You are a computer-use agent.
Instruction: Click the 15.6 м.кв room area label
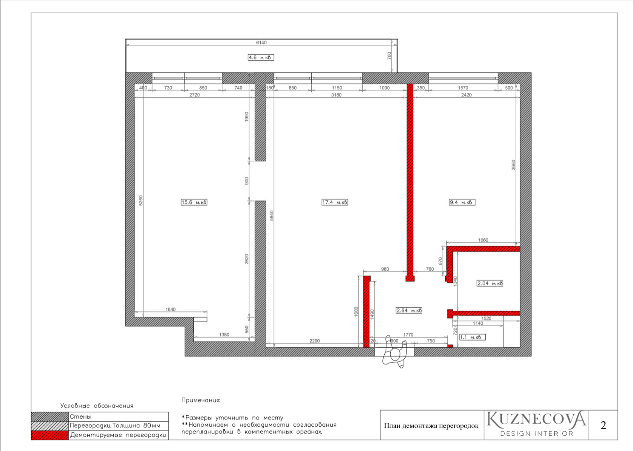[x=194, y=202]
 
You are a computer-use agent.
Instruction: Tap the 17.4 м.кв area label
[x=334, y=202]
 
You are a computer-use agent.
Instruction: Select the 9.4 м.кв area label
[x=462, y=202]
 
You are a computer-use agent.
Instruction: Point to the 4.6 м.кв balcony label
[x=261, y=58]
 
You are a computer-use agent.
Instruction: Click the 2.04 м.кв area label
[x=490, y=283]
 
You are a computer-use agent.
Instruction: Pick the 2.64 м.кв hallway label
[x=409, y=310]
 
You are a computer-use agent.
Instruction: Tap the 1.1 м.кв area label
[x=472, y=337]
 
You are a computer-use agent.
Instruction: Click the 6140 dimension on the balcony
[x=261, y=43]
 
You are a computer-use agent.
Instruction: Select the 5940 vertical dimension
[x=272, y=215]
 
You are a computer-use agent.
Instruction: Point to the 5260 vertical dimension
[x=141, y=200]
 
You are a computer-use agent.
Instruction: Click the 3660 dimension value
[x=513, y=165]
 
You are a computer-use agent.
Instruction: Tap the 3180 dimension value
[x=336, y=95]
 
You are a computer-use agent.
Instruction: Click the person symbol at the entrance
[x=395, y=352]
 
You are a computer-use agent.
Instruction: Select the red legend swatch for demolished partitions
[x=49, y=435]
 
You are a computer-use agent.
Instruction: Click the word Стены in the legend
[x=81, y=416]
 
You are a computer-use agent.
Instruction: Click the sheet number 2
[x=603, y=425]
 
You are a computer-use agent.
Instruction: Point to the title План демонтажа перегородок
[x=431, y=426]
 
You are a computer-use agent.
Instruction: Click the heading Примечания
[x=201, y=400]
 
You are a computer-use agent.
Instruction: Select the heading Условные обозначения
[x=97, y=406]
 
